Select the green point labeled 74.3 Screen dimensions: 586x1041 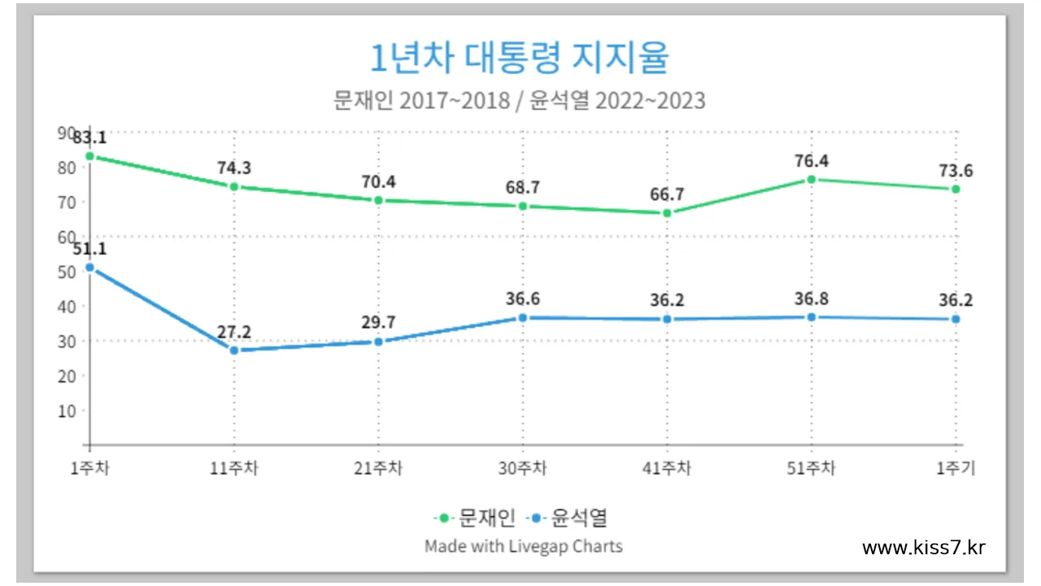pos(234,186)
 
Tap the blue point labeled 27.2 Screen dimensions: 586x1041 pos(234,350)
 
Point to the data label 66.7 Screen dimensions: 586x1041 pos(667,195)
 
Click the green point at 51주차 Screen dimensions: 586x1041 pos(811,179)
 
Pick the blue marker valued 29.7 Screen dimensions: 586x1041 pos(378,342)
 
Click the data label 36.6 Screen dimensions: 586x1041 pos(522,300)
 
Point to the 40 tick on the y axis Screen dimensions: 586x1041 pos(67,306)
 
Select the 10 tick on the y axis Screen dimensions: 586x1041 pos(67,410)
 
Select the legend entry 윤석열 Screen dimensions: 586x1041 pos(578,517)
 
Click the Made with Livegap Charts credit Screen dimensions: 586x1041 pos(523,545)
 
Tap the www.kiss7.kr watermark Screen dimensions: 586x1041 pos(923,548)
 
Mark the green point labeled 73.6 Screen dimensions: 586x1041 pos(956,189)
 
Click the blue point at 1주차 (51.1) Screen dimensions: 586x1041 pos(89,267)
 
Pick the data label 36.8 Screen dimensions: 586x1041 pos(811,299)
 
